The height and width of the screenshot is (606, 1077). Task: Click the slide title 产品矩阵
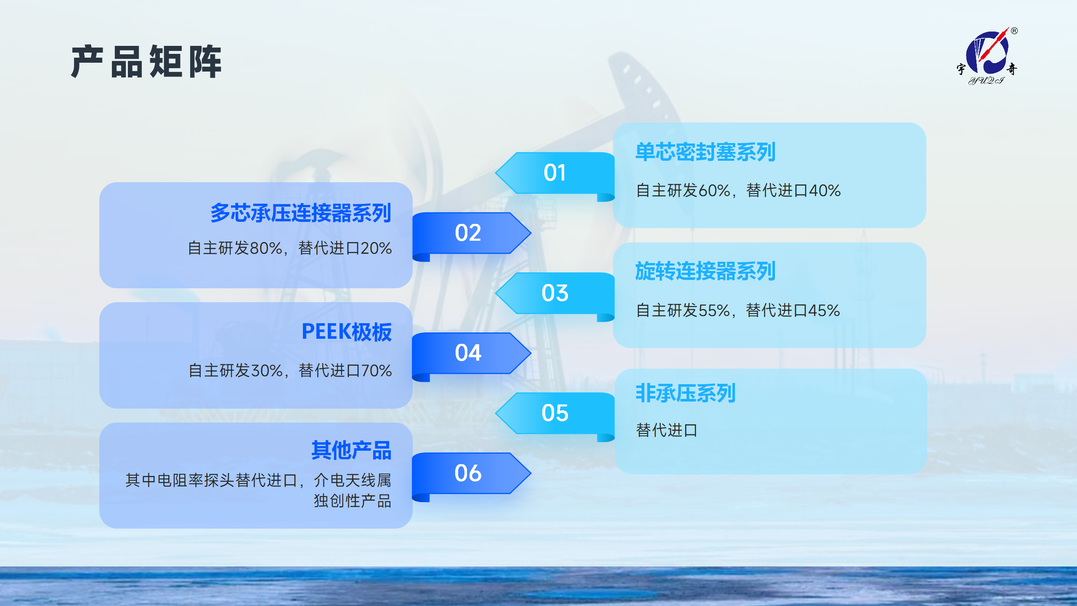[x=146, y=61]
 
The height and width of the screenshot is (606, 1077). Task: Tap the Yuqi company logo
[x=987, y=56]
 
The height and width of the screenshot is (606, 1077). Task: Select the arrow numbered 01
[x=555, y=176]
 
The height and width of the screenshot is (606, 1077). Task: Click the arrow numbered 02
[x=472, y=236]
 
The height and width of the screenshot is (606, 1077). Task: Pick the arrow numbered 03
[x=555, y=296]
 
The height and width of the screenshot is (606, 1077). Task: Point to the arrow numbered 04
[x=472, y=356]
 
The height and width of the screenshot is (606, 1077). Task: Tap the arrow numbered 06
[x=472, y=476]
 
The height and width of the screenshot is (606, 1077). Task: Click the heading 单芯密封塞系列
[x=705, y=152]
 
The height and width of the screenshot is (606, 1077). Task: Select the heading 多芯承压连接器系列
[x=301, y=213]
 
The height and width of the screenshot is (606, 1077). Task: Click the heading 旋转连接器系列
[x=705, y=271]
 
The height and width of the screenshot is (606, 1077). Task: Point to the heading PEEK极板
[x=347, y=332]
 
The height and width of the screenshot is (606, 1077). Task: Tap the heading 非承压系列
[x=685, y=393]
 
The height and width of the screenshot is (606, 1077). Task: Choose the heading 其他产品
[x=351, y=450]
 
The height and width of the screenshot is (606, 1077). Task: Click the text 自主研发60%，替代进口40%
[x=738, y=191]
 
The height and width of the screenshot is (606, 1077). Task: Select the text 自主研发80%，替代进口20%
[x=289, y=248]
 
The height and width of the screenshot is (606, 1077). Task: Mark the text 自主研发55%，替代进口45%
[x=738, y=311]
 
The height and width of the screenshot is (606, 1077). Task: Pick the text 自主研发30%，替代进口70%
[x=290, y=371]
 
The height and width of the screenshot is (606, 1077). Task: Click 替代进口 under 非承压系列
[x=666, y=430]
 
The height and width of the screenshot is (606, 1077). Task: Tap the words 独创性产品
[x=353, y=501]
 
